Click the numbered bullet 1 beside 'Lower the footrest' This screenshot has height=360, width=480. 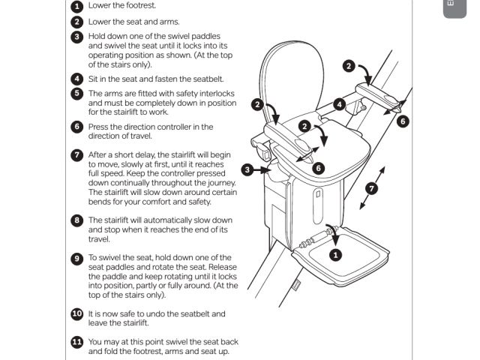point(76,6)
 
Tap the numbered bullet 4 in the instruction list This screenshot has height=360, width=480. point(76,79)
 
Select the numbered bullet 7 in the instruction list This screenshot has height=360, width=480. point(76,155)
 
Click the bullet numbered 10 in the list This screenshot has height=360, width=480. point(76,314)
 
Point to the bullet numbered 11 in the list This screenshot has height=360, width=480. point(76,342)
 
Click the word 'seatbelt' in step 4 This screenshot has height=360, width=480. point(208,79)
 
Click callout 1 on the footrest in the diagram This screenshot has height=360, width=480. point(335,255)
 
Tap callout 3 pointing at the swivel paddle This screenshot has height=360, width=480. point(247,169)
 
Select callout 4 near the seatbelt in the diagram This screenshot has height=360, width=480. point(339,105)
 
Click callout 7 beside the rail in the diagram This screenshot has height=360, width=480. point(372,188)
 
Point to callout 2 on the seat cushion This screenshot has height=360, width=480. point(304,127)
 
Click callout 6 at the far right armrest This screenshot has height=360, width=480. point(403,121)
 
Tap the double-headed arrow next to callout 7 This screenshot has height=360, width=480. point(372,188)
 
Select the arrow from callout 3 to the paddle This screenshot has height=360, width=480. point(261,169)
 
